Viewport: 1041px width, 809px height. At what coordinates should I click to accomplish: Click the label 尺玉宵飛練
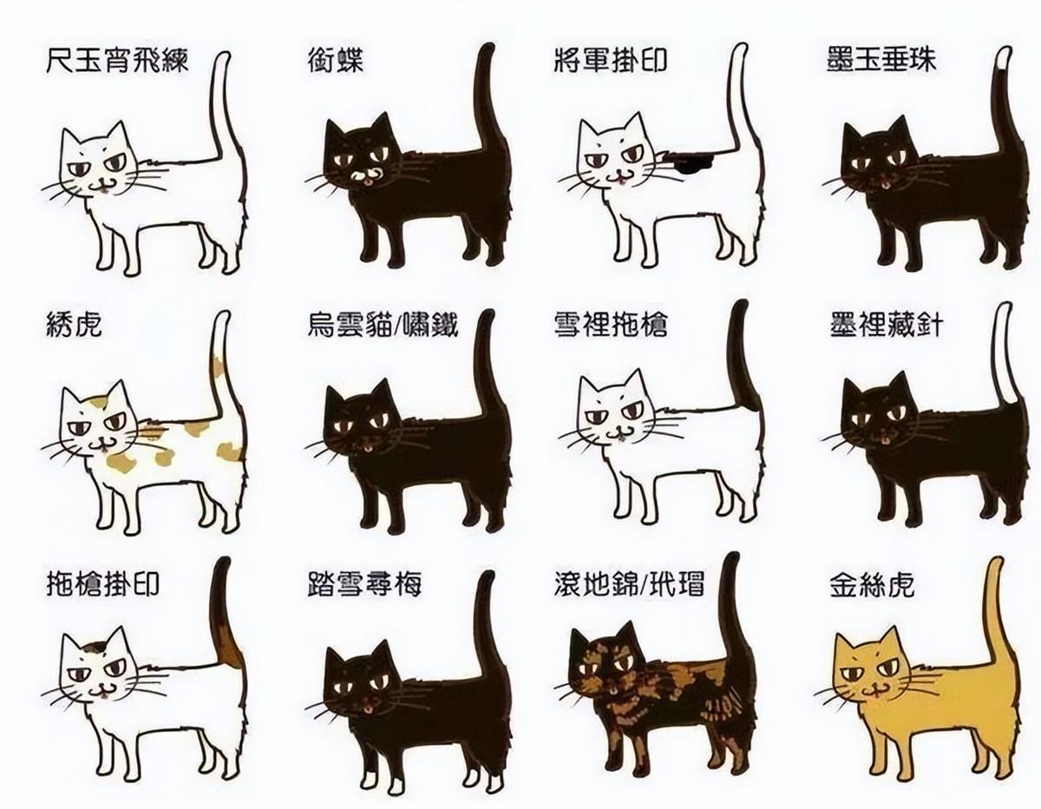(x=117, y=61)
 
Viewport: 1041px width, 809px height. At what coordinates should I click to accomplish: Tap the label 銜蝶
(x=336, y=61)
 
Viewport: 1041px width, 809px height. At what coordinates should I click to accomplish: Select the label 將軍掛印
(x=611, y=61)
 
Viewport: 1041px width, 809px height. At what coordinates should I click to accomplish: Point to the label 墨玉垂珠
(x=881, y=60)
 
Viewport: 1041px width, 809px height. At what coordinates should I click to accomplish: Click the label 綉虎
(x=75, y=325)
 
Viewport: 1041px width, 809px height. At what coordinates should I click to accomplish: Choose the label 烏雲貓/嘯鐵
(x=383, y=325)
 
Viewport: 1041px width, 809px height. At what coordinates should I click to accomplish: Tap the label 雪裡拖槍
(x=611, y=325)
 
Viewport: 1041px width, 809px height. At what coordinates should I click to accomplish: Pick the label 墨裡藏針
(x=886, y=325)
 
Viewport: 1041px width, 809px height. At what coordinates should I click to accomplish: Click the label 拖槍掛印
(x=102, y=584)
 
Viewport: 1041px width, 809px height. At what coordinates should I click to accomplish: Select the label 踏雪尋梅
(x=364, y=584)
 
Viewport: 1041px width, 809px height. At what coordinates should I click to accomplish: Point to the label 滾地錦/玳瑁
(x=629, y=584)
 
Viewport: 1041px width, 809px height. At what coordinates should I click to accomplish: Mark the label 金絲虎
(x=872, y=584)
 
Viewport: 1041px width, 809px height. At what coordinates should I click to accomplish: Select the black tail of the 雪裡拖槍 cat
(x=743, y=365)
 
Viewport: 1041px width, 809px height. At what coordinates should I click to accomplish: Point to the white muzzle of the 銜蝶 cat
(x=363, y=175)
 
